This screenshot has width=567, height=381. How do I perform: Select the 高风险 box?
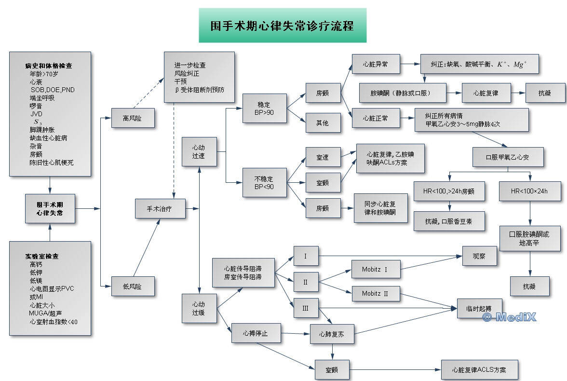pos(133,118)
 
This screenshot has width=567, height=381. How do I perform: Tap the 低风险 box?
pos(133,286)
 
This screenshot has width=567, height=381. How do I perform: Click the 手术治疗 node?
pos(160,208)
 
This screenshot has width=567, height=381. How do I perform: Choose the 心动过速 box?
pos(199,151)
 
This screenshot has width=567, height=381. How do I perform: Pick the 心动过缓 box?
pos(199,308)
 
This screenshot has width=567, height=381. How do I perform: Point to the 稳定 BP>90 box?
pos(264,108)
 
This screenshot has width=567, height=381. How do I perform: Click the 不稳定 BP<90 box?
pos(264,182)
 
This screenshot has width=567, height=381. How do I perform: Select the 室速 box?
pos(323,158)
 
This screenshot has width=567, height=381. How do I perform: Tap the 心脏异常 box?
pos(376,64)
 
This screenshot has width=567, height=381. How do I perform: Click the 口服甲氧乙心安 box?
pos(508,157)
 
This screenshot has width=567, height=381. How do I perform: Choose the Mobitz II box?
pos(376,293)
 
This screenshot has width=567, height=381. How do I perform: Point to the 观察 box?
pos(479,257)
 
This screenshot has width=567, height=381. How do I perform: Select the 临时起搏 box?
pos(479,308)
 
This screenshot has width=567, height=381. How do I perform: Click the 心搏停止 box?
pos(256,333)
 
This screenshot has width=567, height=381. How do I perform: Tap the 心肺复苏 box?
pos(332,334)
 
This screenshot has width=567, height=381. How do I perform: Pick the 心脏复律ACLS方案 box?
pos(479,370)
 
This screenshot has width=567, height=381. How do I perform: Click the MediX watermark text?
pos(509,317)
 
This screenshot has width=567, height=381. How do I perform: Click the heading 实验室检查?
pos(42,256)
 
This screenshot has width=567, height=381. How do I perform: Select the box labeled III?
pos(305,308)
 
